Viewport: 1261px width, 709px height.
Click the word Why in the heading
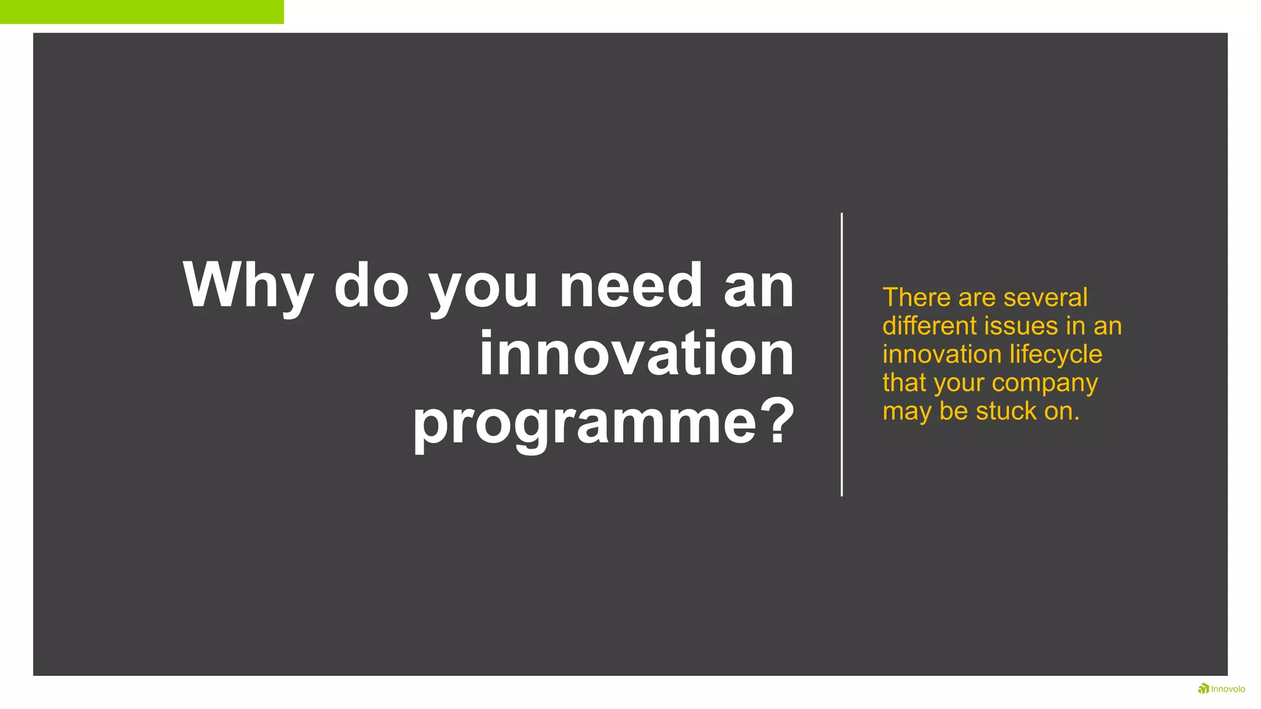[248, 287]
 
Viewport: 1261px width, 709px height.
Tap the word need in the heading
[630, 286]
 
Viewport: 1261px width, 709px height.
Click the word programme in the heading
[584, 423]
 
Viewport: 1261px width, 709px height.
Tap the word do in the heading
[371, 286]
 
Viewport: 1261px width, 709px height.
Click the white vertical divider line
[841, 354]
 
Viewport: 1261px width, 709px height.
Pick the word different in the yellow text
[929, 326]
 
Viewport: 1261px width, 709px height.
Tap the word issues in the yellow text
[1023, 326]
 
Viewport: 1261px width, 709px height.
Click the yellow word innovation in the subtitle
[941, 354]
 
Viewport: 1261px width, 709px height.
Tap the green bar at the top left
[142, 12]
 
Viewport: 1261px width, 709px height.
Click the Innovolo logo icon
[1203, 688]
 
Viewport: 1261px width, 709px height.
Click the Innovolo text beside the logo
[1228, 689]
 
